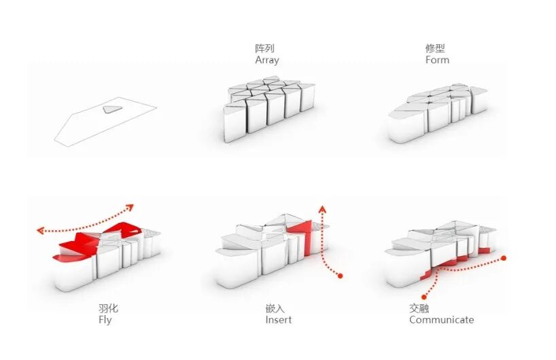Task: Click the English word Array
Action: pos(267,60)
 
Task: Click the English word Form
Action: pos(437,60)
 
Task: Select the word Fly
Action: pos(105,320)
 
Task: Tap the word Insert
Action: pos(278,320)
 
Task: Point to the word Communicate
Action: pos(441,320)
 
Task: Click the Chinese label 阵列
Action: pos(264,49)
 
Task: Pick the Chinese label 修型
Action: pos(435,49)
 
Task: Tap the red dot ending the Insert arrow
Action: pos(341,276)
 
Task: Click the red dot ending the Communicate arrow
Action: pos(424,296)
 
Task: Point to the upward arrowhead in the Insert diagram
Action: pos(323,208)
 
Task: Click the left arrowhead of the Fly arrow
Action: pos(40,231)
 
